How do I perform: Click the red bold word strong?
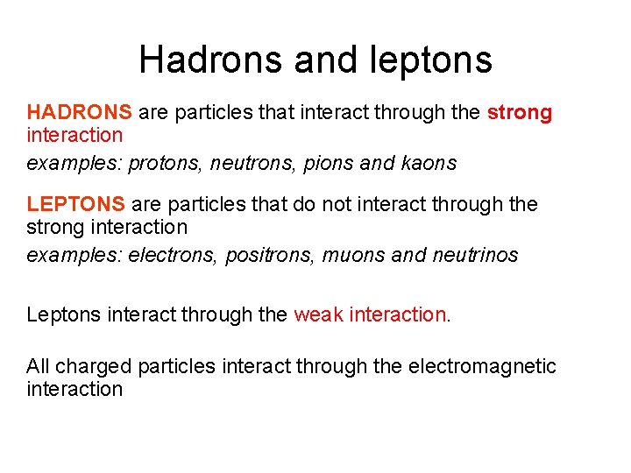[520, 112]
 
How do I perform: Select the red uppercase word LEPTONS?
[76, 204]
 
